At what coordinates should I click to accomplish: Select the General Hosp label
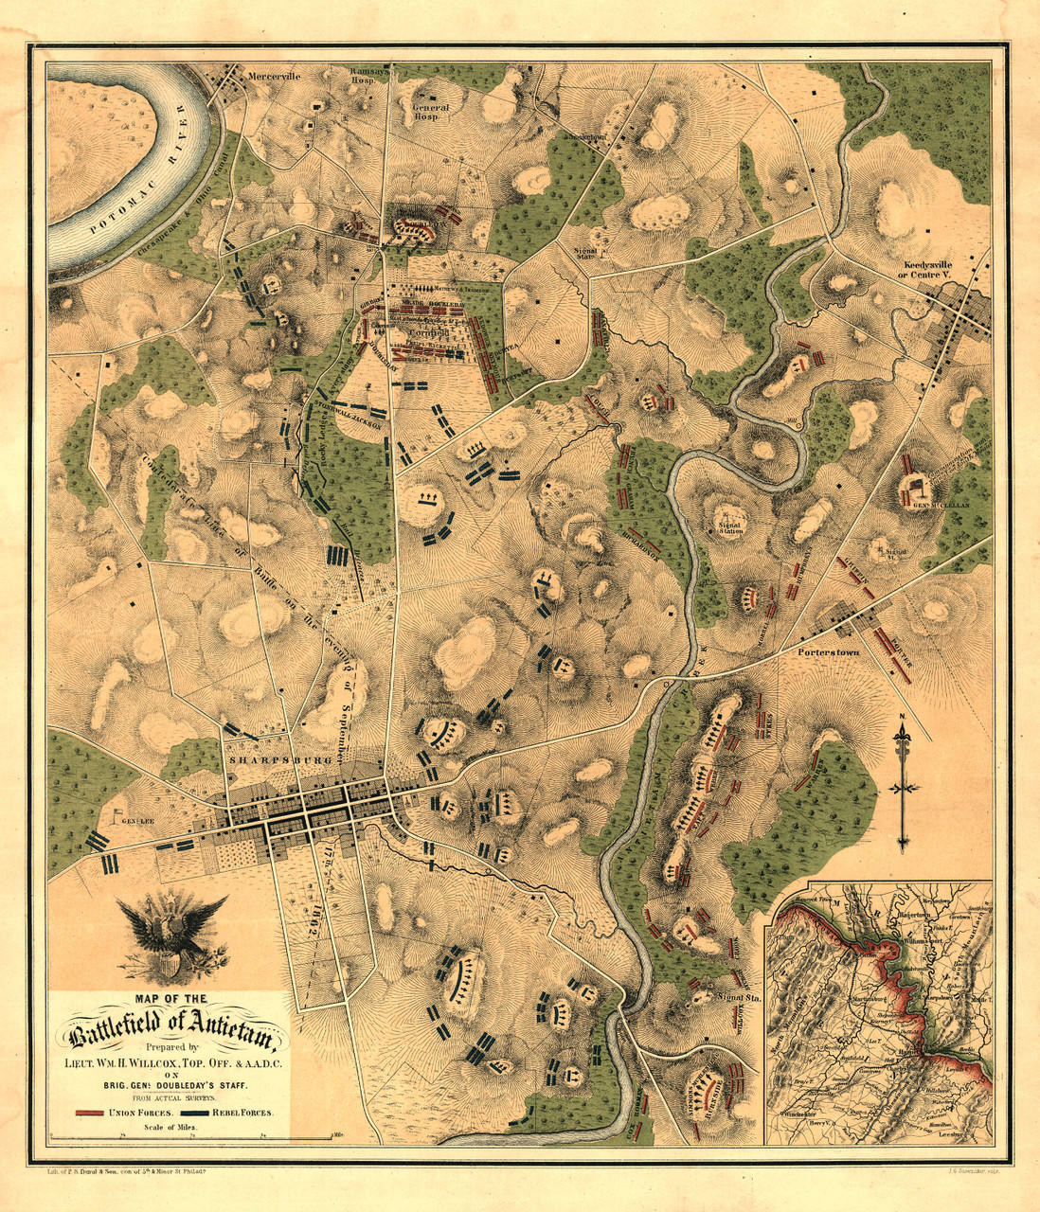pyautogui.click(x=430, y=113)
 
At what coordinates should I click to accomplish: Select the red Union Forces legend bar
pyautogui.click(x=90, y=1112)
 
